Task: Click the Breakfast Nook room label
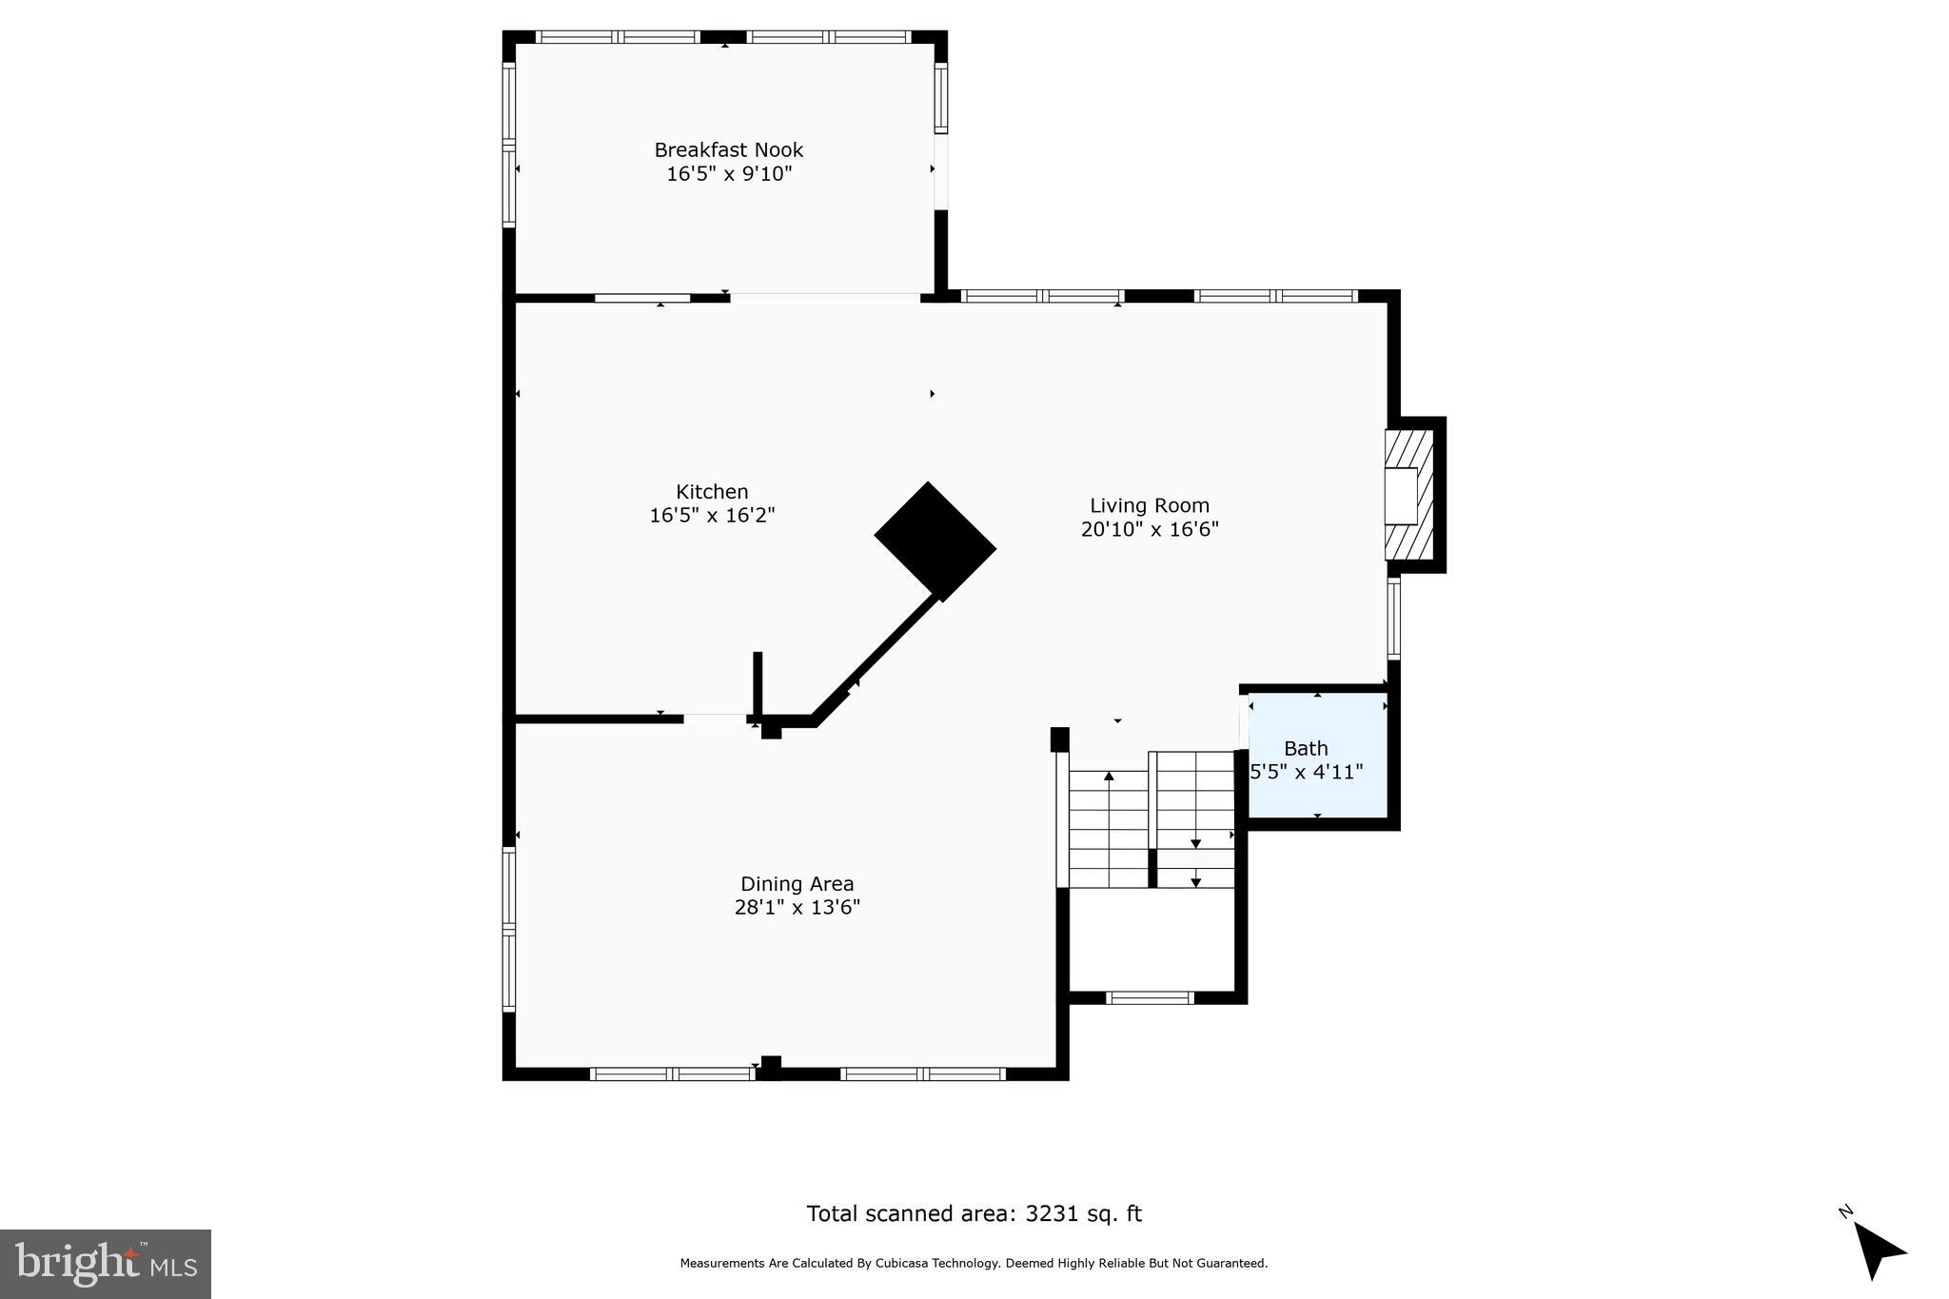click(728, 150)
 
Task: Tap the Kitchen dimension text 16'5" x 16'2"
click(712, 516)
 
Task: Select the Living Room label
click(1149, 506)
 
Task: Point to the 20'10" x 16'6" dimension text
click(1149, 530)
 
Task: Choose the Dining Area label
click(797, 884)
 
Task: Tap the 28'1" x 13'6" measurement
click(797, 908)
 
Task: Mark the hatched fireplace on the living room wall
click(1408, 495)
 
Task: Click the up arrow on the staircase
click(1109, 777)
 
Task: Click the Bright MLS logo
click(105, 1264)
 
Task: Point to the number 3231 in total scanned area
click(1049, 1214)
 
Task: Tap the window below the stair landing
click(1149, 998)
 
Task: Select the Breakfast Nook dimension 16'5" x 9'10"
click(728, 174)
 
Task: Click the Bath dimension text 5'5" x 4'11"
click(1306, 772)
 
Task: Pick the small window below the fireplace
click(1393, 618)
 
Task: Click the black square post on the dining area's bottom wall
click(771, 1068)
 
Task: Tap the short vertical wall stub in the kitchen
click(758, 682)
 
